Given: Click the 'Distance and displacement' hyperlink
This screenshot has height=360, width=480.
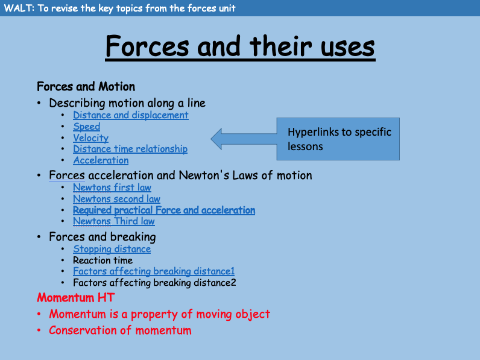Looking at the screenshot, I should point(130,115).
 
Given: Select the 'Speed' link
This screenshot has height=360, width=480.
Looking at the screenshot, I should point(86,127).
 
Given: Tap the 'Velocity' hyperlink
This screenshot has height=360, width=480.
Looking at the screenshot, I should point(90,138).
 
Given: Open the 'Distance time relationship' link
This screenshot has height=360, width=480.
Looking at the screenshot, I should point(130,149).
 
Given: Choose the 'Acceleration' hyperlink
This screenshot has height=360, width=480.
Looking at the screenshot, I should point(101,160).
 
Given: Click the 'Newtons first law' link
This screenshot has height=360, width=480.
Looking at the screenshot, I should point(112,188).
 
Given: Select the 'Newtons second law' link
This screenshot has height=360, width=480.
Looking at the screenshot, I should point(116,199).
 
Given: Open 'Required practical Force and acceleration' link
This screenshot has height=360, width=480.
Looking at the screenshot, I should point(164,210).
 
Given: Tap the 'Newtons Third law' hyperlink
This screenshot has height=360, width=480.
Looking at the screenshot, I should point(114,221).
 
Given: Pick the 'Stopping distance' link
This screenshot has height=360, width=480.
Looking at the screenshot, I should point(112,249).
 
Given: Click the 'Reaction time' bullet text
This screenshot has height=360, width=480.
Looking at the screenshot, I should point(103,261).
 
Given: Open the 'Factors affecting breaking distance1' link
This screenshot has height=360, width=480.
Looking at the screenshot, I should point(154,271).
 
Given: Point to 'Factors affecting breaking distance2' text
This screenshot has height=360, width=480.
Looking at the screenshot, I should point(154,282).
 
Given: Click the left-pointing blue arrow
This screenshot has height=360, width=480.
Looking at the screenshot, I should point(241,139).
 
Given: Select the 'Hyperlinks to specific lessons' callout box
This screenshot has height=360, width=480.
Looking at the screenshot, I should point(338,139).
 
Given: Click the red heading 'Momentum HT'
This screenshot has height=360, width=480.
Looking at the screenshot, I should point(75,298).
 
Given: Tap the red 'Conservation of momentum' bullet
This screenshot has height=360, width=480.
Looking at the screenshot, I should point(120,330).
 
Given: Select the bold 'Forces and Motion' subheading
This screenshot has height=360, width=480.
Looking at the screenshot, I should point(86,87).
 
